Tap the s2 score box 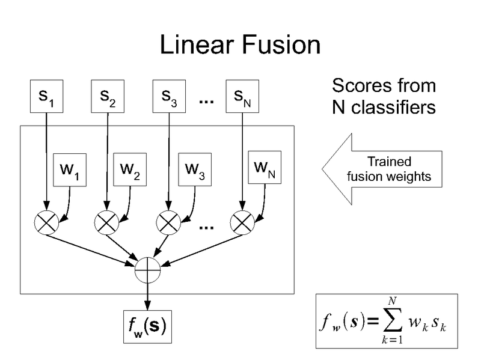click(x=108, y=97)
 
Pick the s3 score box click(x=169, y=97)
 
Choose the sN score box click(x=241, y=97)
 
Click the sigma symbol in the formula click(x=393, y=327)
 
